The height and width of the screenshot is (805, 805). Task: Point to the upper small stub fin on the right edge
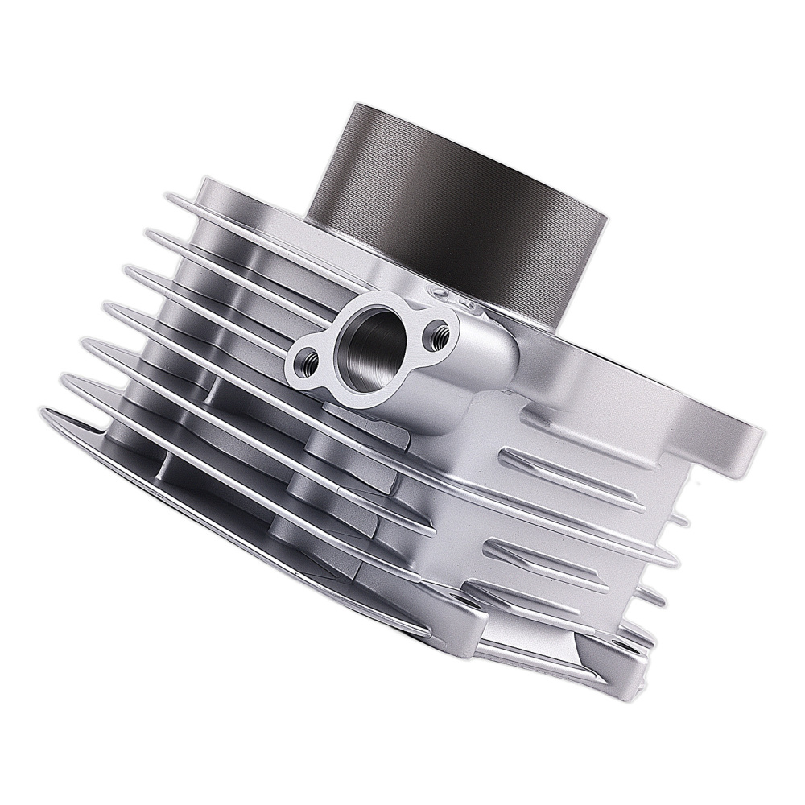[681, 520]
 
